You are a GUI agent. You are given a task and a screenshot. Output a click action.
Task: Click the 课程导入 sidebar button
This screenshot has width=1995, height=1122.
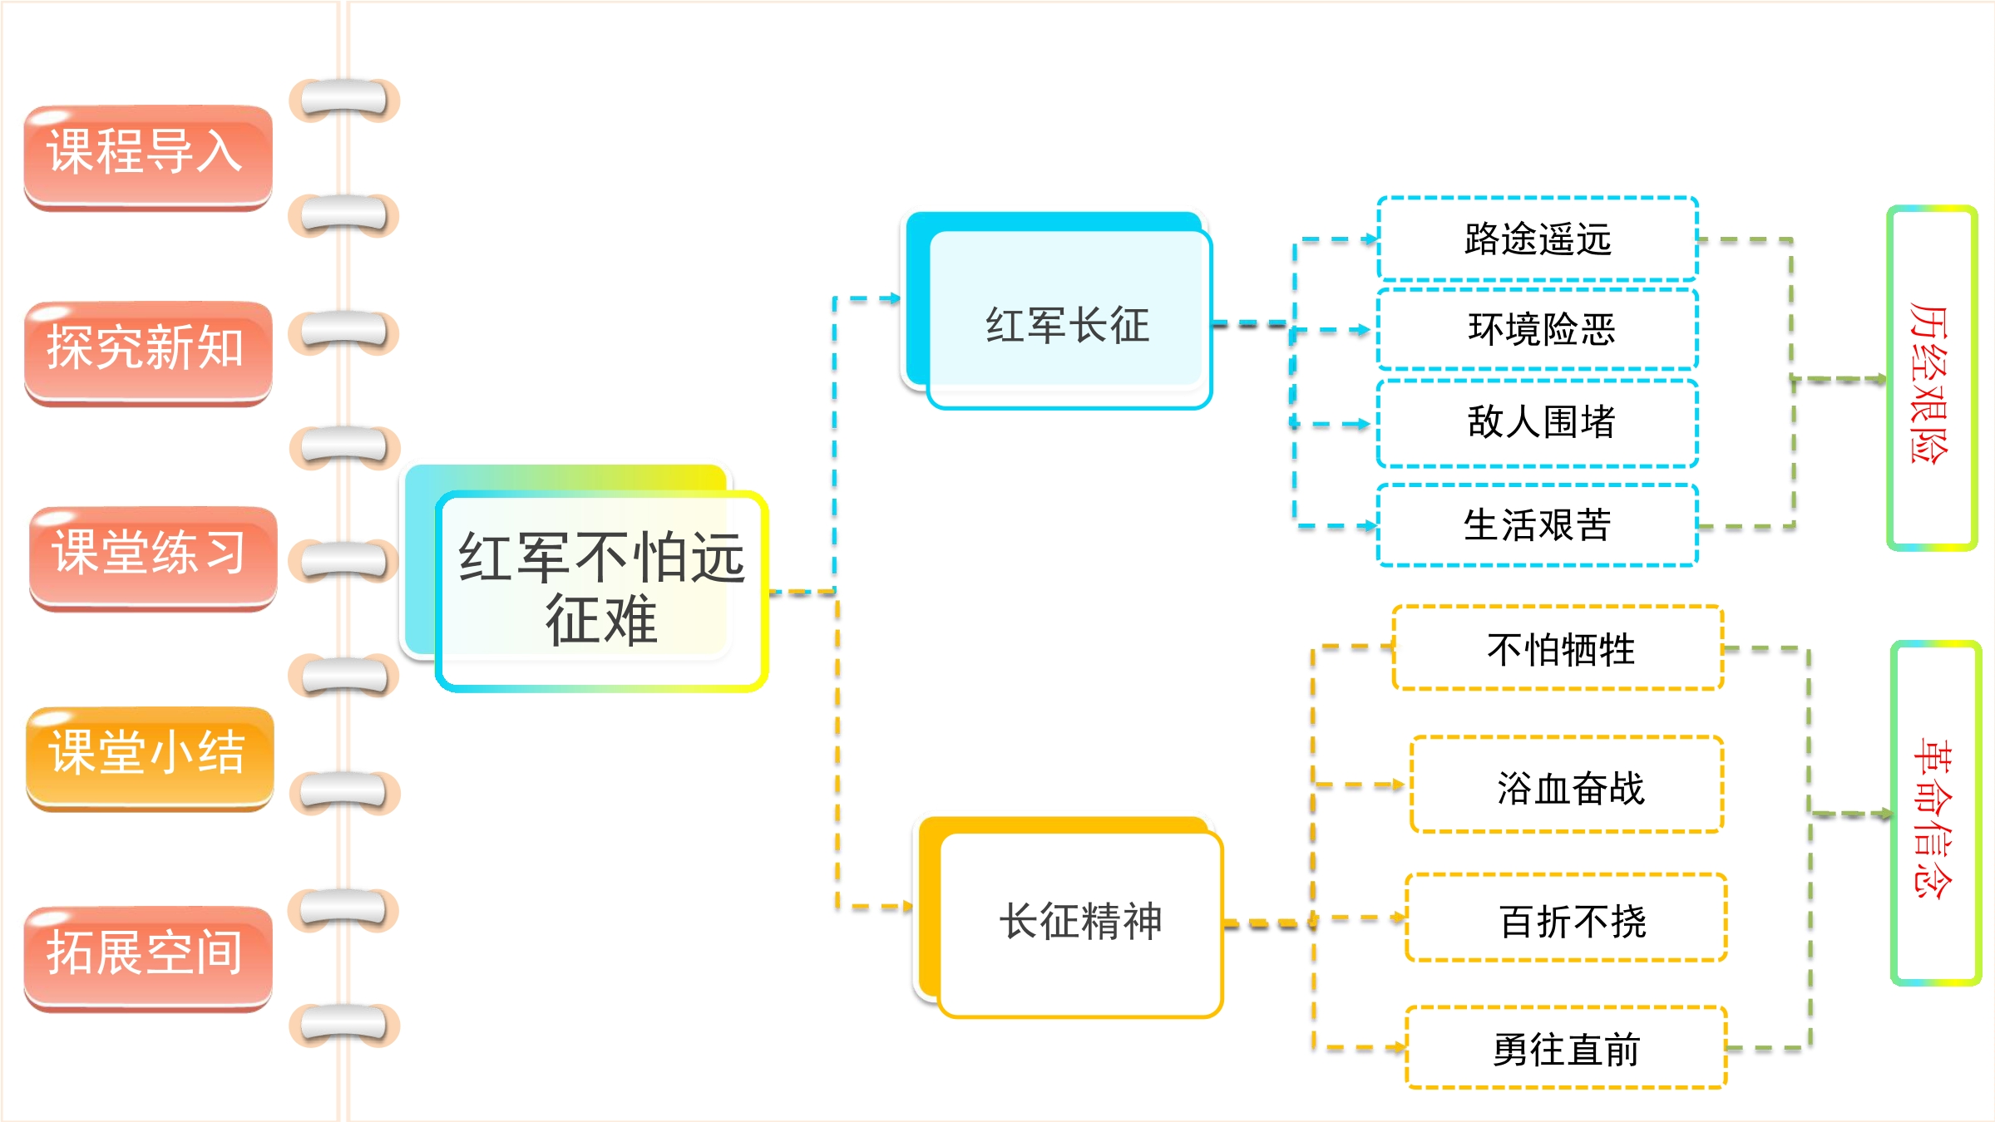(148, 157)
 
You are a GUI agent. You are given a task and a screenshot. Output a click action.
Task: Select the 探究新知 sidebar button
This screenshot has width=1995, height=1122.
(148, 353)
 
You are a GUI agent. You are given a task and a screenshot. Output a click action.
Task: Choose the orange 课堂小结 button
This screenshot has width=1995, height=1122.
(150, 758)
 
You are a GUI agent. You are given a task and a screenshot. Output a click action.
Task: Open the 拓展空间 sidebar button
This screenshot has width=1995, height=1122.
(148, 958)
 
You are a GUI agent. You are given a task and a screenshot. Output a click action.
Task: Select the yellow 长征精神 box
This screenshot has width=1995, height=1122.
(1079, 921)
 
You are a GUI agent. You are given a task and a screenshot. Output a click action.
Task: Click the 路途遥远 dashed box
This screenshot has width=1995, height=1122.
(1538, 239)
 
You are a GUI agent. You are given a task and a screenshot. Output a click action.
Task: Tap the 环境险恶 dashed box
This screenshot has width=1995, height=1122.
(1538, 329)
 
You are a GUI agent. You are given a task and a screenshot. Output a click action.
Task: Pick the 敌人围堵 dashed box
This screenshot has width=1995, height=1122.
(1538, 422)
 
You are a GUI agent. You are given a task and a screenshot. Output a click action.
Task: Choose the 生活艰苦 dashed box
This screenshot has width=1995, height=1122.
(1538, 525)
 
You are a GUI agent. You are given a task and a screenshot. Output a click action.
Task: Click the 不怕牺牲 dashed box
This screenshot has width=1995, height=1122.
(1558, 648)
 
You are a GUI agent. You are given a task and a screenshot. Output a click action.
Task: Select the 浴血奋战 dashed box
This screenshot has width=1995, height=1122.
(1568, 785)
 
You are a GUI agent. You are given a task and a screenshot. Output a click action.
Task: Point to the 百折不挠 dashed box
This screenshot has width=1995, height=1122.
(1567, 918)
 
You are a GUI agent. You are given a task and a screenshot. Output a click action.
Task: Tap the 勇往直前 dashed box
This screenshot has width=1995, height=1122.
(1567, 1047)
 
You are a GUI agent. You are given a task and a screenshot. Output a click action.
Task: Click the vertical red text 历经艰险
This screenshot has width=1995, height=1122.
(1929, 382)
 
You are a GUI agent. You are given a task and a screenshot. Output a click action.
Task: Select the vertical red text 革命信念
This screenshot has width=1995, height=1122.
(1933, 818)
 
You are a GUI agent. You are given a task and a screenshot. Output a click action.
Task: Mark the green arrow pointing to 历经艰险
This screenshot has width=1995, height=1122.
(1839, 379)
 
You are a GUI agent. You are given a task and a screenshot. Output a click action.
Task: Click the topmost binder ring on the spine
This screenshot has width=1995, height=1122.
(344, 100)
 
